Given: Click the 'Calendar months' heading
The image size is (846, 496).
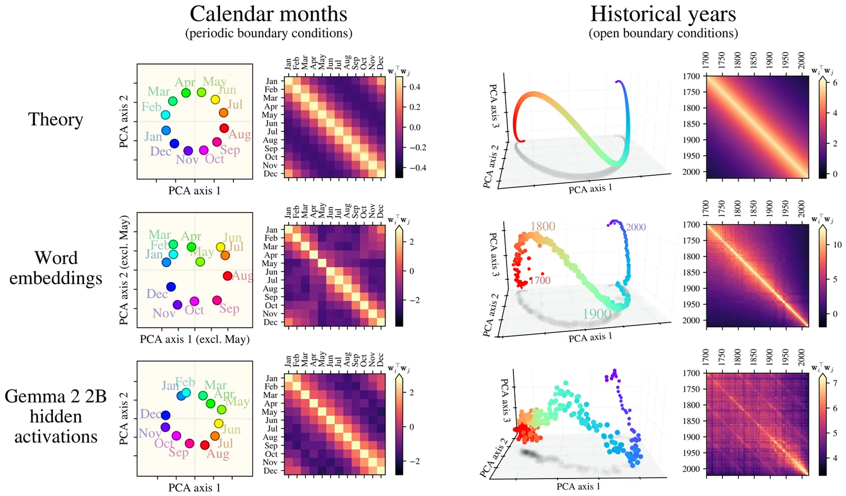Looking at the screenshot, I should point(269,14).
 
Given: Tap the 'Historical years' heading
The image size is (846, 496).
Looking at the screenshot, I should point(663,14).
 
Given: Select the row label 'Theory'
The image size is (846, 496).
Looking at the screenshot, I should point(56,120).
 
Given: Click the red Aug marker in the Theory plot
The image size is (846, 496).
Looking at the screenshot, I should point(224,128).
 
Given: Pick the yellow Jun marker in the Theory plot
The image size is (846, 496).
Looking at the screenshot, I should point(215,100).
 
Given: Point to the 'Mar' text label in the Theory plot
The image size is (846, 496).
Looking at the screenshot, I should point(159,92).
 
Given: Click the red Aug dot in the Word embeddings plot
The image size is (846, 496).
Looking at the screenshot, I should point(227,276).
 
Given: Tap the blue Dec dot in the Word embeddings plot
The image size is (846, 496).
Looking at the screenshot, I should point(171,287).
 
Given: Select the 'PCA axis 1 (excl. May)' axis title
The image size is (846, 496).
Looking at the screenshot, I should point(195,339).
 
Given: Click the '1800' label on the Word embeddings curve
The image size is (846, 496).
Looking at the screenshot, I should point(542,227).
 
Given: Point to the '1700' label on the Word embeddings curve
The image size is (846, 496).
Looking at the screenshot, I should point(540,281).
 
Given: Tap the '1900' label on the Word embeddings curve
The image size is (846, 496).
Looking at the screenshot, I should point(597,314).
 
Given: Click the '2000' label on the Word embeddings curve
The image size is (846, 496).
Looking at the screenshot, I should point(636,227).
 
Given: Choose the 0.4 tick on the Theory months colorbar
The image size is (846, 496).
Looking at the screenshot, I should point(415,87).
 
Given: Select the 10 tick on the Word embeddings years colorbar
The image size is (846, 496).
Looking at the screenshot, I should point(838,245).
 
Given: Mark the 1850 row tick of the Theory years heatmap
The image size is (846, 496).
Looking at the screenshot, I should point(691,124).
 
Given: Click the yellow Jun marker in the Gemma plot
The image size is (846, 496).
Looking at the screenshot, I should point(218,423).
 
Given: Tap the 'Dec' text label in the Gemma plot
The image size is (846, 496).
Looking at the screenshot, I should point(150,414).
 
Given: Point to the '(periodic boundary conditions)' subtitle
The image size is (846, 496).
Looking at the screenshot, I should point(269,33).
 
